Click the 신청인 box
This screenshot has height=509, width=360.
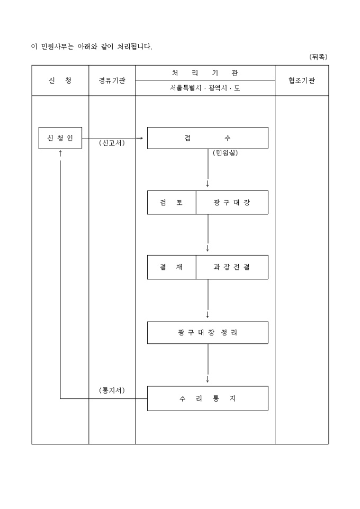60,138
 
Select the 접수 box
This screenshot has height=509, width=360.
208,138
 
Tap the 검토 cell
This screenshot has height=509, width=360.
172,203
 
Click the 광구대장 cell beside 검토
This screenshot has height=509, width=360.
232,203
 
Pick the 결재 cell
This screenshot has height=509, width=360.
172,267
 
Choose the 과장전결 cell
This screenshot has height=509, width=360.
232,267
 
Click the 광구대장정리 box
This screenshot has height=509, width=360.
208,333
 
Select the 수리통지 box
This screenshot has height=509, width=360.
208,398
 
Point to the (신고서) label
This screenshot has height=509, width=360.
112,143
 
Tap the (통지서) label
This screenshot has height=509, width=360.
112,390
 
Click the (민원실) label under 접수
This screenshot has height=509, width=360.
226,153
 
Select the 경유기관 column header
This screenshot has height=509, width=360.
112,80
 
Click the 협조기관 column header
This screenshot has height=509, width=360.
301,80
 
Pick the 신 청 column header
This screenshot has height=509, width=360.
60,80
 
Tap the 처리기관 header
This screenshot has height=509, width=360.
205,73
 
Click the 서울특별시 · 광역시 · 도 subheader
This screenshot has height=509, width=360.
205,88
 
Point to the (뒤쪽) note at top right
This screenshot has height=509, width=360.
319,57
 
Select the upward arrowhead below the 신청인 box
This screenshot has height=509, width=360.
60,153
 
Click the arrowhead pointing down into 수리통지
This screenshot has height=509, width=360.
208,379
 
